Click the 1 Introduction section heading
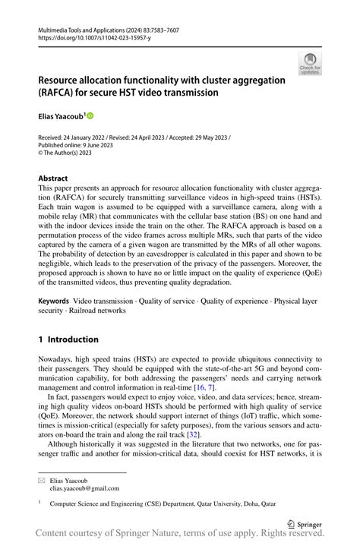pyautogui.click(x=68, y=339)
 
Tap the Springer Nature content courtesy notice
pyautogui.click(x=190, y=536)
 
